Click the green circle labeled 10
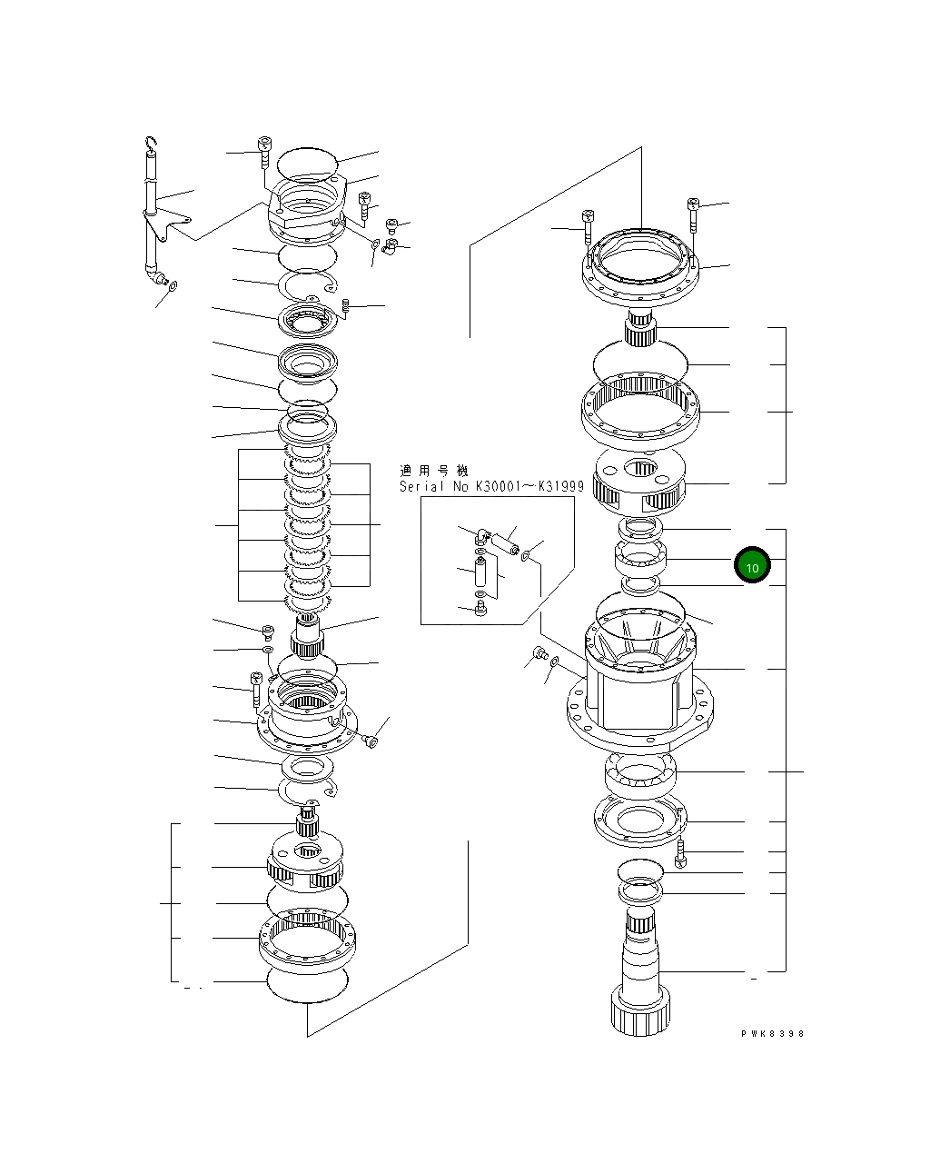752,566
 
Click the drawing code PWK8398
772,1033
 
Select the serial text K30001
500,487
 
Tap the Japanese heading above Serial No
434,471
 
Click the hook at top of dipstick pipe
152,143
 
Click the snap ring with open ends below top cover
308,288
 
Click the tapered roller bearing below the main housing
640,775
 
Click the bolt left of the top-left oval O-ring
264,153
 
